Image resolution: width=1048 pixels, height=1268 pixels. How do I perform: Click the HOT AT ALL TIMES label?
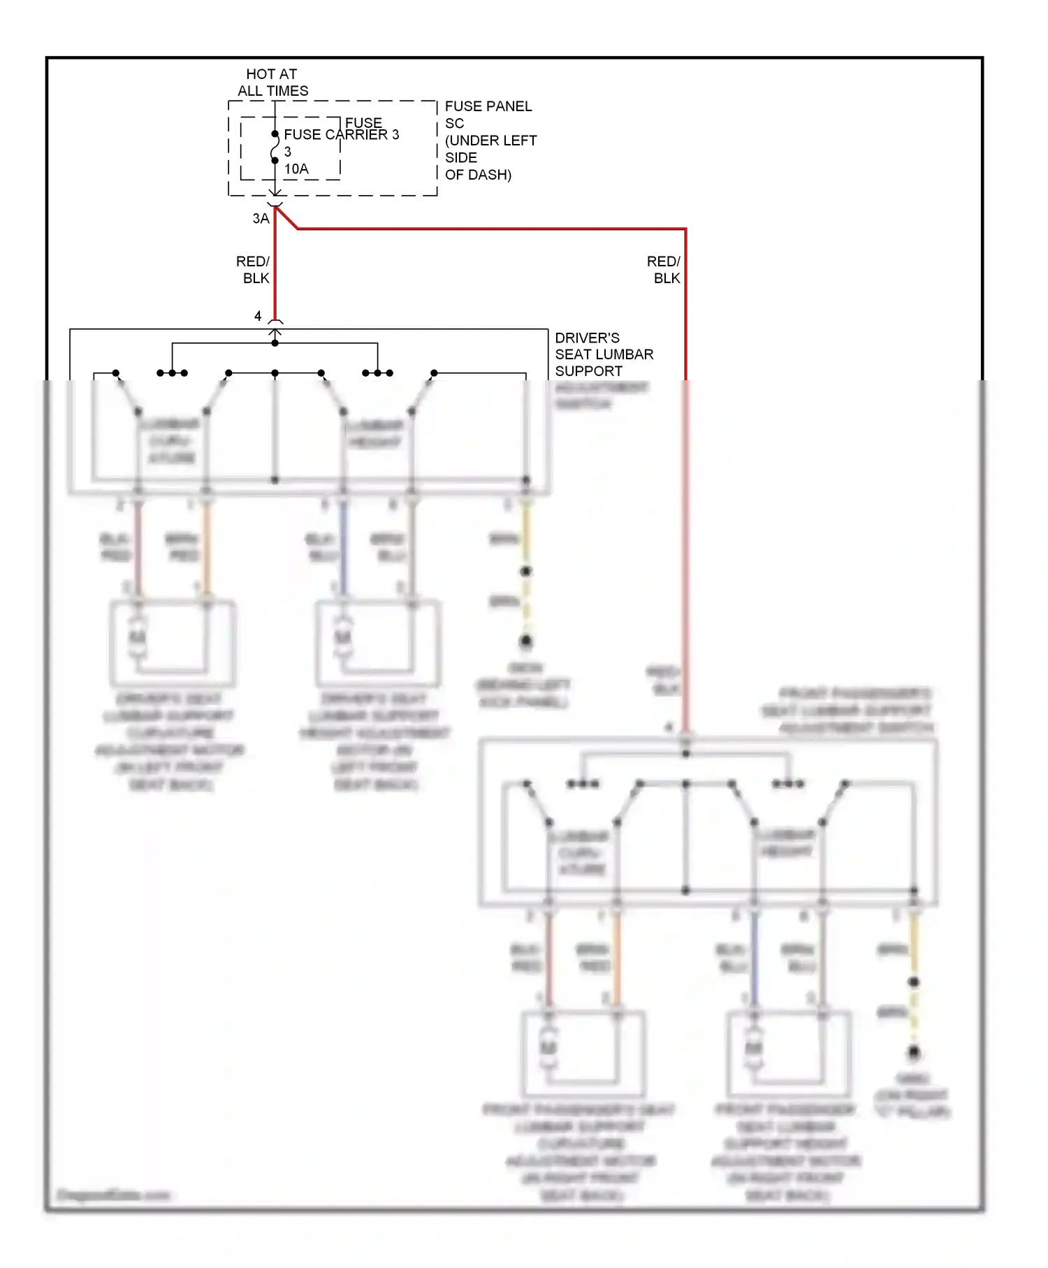(272, 82)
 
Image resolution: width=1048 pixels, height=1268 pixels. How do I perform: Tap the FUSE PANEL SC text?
(488, 114)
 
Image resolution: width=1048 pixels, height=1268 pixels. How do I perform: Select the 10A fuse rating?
(296, 169)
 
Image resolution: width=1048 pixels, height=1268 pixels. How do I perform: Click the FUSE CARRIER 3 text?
(341, 135)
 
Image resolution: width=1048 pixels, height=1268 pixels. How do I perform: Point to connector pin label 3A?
(261, 219)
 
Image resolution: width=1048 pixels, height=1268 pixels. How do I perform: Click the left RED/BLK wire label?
(253, 270)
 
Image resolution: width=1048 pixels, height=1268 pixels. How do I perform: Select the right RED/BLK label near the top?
(664, 270)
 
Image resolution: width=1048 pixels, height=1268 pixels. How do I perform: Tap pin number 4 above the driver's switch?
(258, 317)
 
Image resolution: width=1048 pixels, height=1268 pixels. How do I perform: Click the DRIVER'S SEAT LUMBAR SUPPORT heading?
(604, 354)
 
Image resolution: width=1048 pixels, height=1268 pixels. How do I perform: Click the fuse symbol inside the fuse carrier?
(275, 147)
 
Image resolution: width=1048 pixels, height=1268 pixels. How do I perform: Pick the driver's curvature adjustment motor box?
(173, 643)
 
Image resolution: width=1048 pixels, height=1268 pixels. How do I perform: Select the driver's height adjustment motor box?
(378, 643)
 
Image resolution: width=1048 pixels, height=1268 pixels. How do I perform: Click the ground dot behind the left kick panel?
(526, 640)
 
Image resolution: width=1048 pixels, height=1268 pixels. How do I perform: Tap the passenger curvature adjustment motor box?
(583, 1053)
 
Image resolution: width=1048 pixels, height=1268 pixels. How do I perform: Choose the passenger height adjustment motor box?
(789, 1053)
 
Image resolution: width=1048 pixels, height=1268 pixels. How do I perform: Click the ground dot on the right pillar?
(913, 1051)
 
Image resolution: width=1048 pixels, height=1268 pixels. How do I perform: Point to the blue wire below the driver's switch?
(343, 549)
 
